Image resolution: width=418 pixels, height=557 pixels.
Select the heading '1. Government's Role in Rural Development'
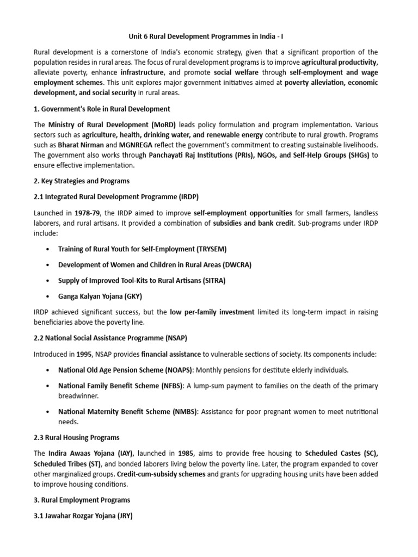pyautogui.click(x=102, y=109)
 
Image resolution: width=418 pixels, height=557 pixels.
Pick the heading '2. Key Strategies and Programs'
pyautogui.click(x=82, y=181)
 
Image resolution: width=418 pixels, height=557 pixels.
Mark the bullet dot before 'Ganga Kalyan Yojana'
pyautogui.click(x=48, y=296)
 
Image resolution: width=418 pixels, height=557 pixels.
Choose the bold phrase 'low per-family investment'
pyautogui.click(x=212, y=312)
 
